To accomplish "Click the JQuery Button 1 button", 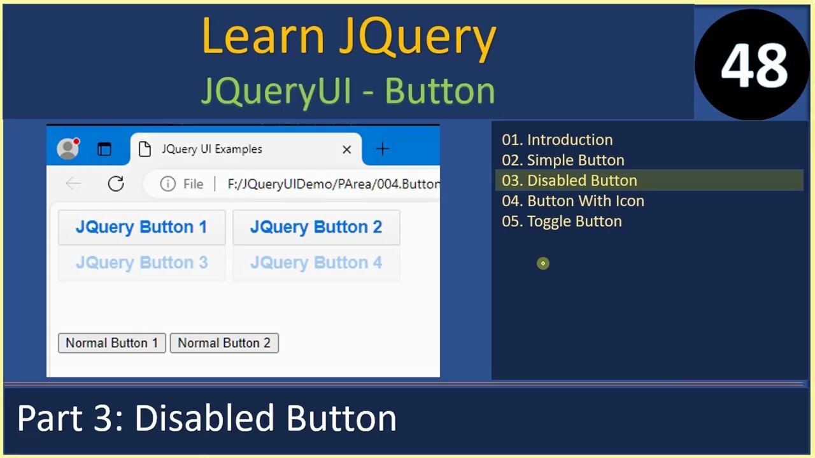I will [141, 227].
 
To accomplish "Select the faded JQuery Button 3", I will [141, 263].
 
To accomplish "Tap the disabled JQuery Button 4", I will [316, 263].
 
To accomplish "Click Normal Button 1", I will [111, 343].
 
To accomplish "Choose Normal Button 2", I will [224, 343].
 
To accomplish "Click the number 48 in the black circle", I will [754, 66].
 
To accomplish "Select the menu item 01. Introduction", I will [557, 140].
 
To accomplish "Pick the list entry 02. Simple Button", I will [563, 160].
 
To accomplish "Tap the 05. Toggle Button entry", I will [562, 221].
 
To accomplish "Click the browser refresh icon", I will [116, 184].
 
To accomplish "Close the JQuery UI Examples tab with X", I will [346, 149].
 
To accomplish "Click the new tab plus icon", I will [382, 149].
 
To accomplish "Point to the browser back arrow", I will [73, 184].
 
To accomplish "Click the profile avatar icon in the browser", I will [67, 149].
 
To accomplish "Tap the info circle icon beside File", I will [167, 184].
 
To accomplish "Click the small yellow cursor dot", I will [543, 263].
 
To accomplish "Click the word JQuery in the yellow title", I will [417, 37].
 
